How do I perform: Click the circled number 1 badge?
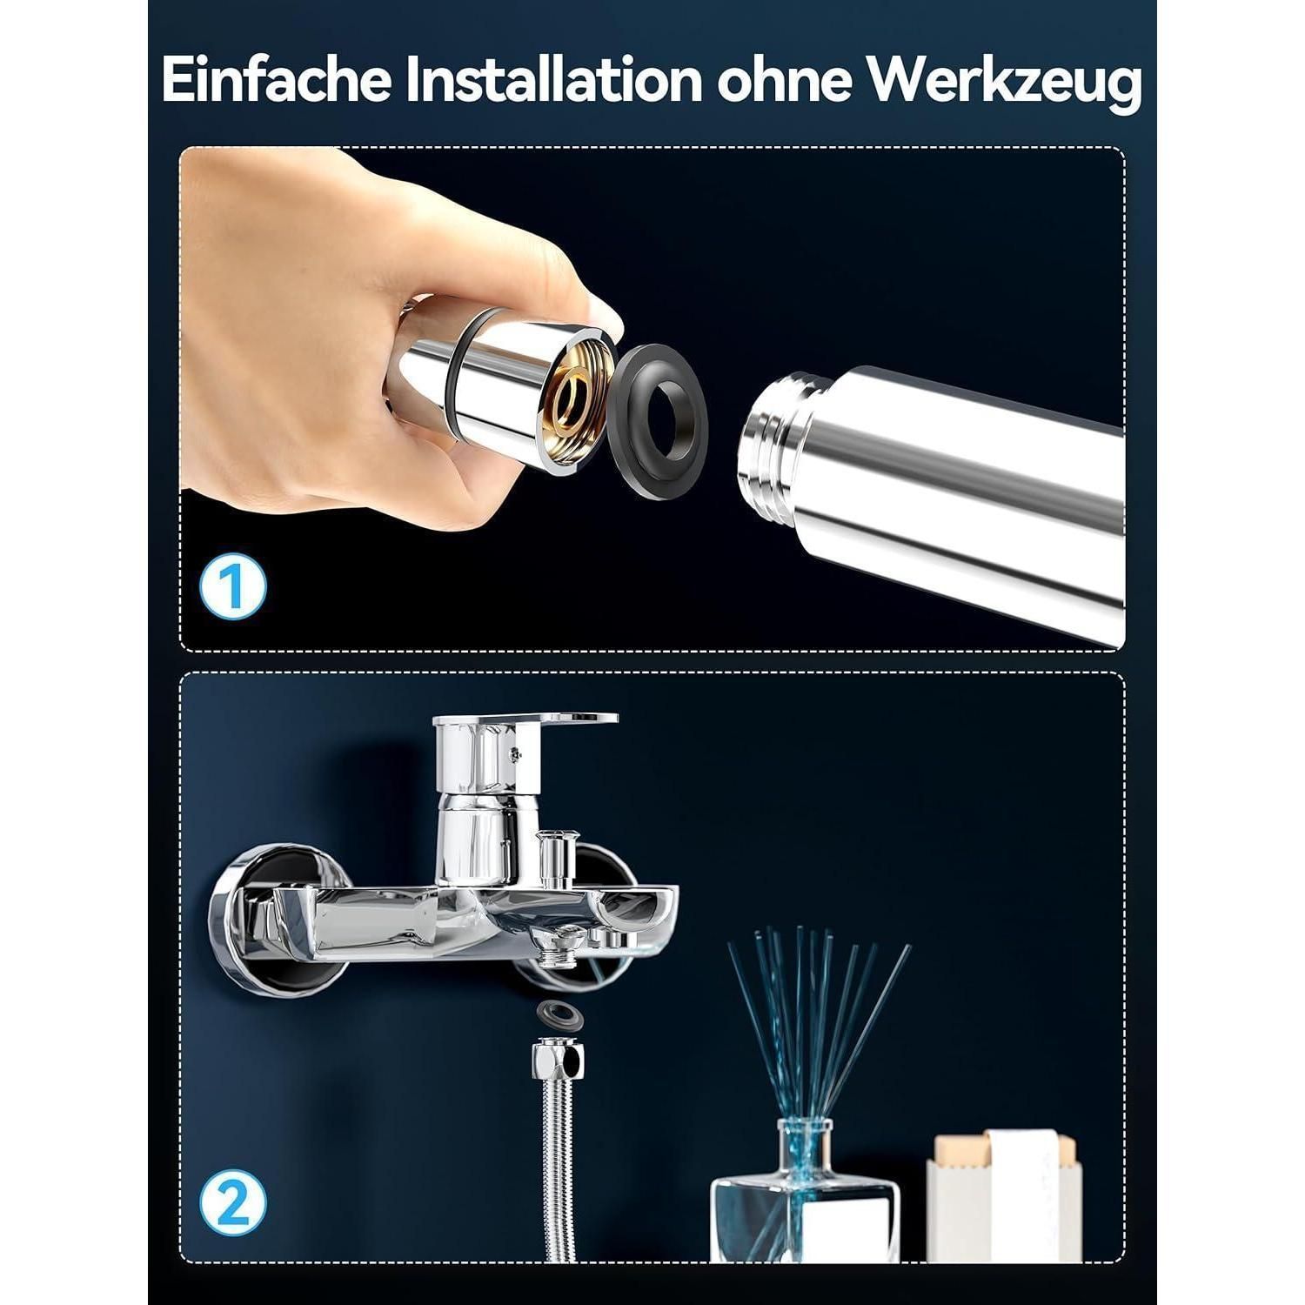pyautogui.click(x=232, y=588)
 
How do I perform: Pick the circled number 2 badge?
pyautogui.click(x=232, y=1204)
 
